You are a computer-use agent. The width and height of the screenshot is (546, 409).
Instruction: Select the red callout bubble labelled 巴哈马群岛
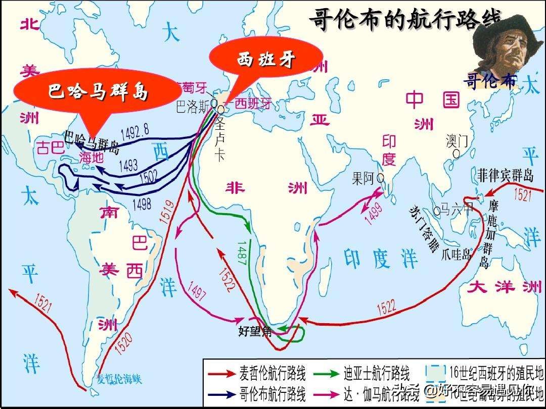click(x=99, y=91)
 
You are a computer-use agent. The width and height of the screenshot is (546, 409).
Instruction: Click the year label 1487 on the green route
click(x=242, y=251)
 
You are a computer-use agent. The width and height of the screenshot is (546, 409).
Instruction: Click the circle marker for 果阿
click(x=380, y=178)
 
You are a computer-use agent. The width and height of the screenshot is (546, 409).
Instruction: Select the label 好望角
click(x=255, y=331)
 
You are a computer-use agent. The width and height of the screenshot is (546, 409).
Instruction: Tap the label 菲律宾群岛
click(x=505, y=175)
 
